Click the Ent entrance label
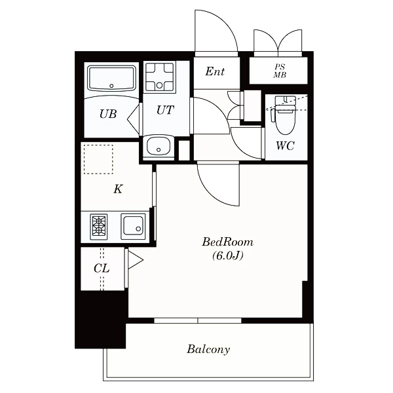click(215, 71)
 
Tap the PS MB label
click(280, 71)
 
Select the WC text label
click(286, 145)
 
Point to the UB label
click(108, 114)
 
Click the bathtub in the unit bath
click(111, 79)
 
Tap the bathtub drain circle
click(111, 86)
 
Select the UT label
click(166, 110)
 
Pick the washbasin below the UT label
click(159, 148)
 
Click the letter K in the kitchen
click(118, 189)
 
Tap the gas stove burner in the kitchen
click(99, 227)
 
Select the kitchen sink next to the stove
click(133, 227)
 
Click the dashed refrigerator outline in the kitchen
click(98, 159)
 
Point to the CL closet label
click(102, 269)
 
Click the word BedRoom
click(227, 242)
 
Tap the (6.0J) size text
click(228, 255)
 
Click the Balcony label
click(208, 349)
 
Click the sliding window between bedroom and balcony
click(198, 320)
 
